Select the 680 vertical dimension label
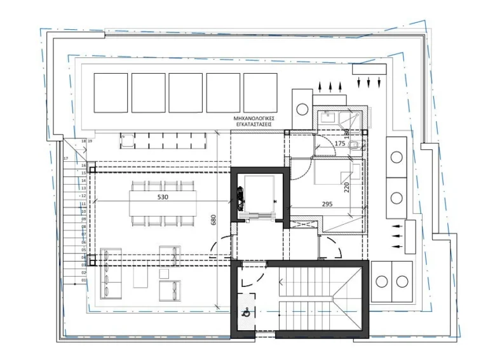click(213, 220)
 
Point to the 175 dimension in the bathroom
click(339, 144)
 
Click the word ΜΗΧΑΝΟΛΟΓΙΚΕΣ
click(253, 119)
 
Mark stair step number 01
click(84, 280)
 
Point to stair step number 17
click(65, 158)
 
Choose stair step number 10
click(84, 211)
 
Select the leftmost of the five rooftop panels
click(111, 93)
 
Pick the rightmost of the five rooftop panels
click(261, 93)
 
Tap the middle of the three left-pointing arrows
click(398, 236)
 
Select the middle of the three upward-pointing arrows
click(329, 86)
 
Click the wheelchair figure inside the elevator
click(240, 198)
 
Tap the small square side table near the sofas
click(164, 274)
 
